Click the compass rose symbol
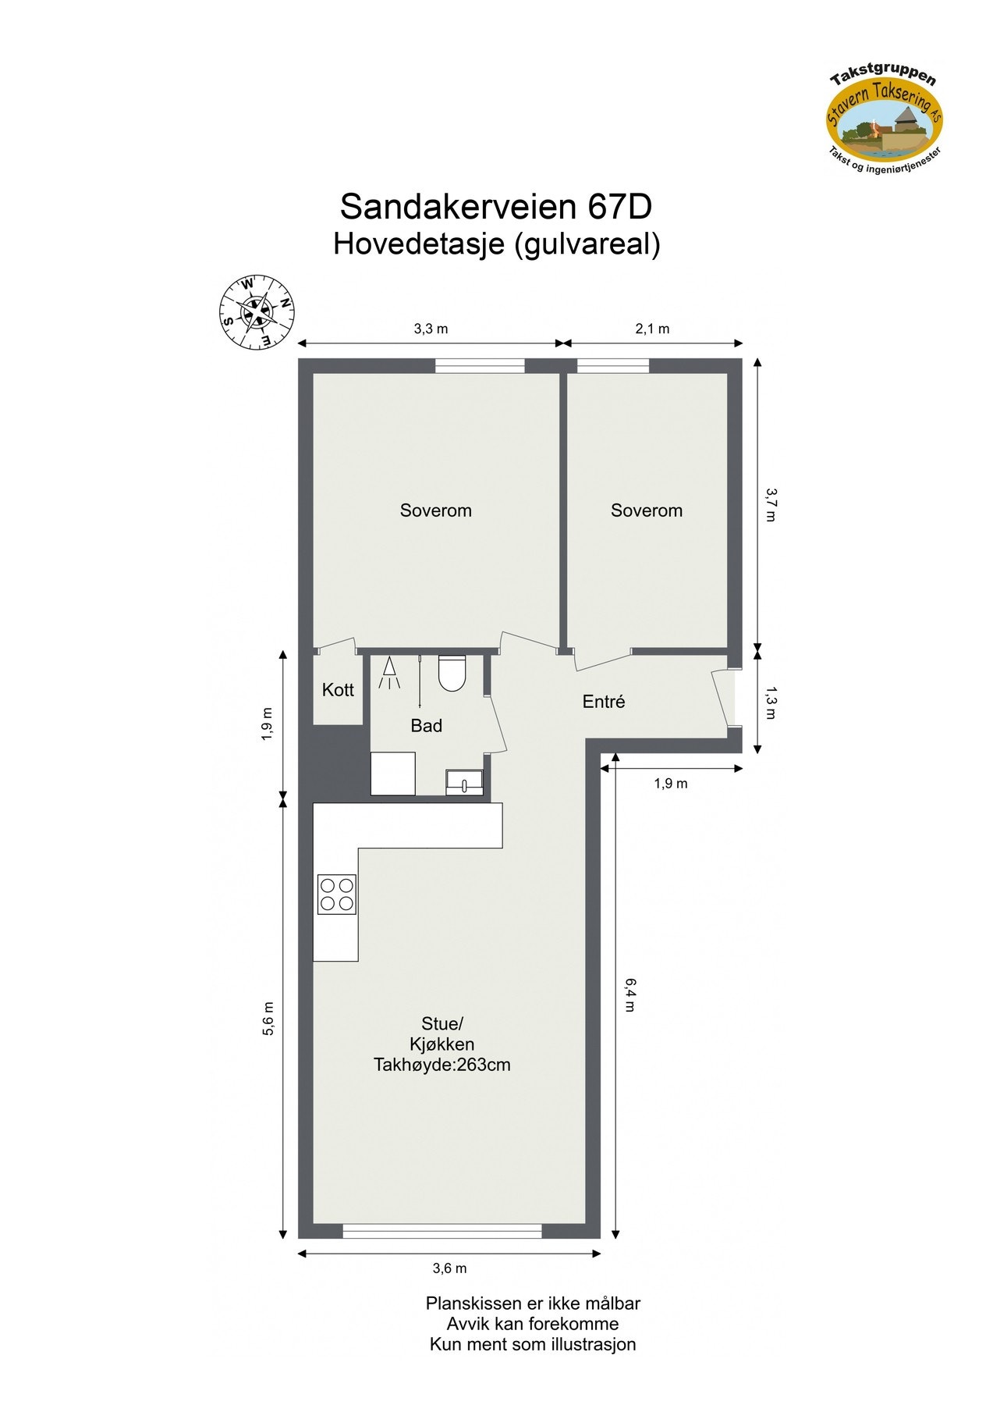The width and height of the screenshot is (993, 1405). click(257, 313)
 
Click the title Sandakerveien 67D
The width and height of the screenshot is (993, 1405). click(496, 207)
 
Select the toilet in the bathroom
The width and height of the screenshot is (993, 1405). click(452, 673)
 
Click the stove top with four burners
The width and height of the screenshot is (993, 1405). click(336, 895)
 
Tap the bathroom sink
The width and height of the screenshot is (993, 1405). click(464, 781)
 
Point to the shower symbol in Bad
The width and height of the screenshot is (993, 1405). click(388, 673)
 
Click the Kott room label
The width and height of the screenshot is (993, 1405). click(338, 690)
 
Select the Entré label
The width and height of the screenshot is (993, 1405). click(604, 702)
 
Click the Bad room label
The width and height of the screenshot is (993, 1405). click(426, 726)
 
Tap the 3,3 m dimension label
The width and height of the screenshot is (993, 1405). click(431, 329)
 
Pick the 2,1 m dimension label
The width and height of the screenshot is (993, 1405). click(652, 329)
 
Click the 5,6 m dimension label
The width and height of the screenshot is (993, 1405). click(268, 1018)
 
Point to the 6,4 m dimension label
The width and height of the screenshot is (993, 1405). click(629, 994)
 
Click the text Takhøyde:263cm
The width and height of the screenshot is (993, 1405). click(442, 1065)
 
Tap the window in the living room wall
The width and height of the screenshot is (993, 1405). click(442, 1231)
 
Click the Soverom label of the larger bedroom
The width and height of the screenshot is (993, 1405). click(435, 510)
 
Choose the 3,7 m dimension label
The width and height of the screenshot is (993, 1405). click(770, 504)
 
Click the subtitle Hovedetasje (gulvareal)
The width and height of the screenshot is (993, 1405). click(497, 244)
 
